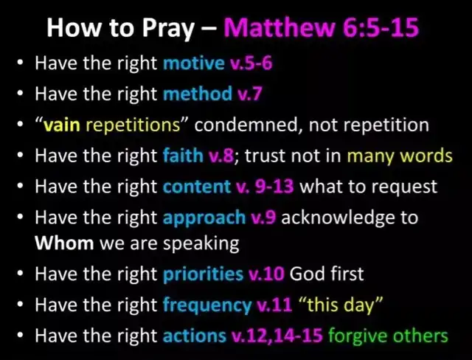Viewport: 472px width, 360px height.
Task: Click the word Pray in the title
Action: [x=168, y=29]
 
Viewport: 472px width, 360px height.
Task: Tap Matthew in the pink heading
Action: [x=280, y=27]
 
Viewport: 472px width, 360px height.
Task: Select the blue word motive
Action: [x=193, y=63]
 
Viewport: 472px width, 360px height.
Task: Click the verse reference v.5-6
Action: [x=251, y=63]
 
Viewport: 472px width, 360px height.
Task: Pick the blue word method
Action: [x=198, y=94]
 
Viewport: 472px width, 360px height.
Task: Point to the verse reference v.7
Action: [x=249, y=94]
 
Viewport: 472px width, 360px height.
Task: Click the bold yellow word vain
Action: [x=62, y=125]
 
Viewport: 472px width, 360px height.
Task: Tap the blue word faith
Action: [x=183, y=156]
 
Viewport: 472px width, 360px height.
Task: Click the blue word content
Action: [x=197, y=187]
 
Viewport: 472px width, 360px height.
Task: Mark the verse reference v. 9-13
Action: [x=265, y=187]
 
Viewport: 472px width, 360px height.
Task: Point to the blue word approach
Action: [x=204, y=218]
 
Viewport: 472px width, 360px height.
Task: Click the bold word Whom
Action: [x=64, y=243]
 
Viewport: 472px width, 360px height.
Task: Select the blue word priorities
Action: [x=203, y=274]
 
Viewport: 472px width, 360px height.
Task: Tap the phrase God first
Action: [x=327, y=274]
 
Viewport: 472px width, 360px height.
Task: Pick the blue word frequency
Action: [x=207, y=305]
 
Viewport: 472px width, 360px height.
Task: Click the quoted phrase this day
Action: [x=340, y=305]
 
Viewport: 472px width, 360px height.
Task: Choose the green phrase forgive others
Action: [x=388, y=336]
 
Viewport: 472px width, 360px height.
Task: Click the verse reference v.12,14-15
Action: [x=277, y=336]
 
